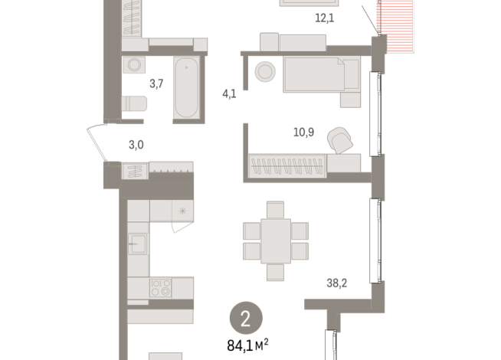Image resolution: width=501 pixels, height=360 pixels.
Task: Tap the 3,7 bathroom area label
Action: [156, 83]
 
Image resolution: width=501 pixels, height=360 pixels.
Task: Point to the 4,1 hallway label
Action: [228, 96]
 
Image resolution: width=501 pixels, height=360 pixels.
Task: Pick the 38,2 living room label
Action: [337, 282]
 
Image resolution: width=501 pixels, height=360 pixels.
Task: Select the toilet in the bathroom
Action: [134, 103]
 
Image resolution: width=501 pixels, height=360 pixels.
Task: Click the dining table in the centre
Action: [276, 240]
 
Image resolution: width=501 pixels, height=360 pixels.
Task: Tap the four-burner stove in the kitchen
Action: [160, 288]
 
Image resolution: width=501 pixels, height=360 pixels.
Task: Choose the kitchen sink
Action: [138, 245]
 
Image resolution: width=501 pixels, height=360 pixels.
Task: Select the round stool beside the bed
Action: [265, 71]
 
